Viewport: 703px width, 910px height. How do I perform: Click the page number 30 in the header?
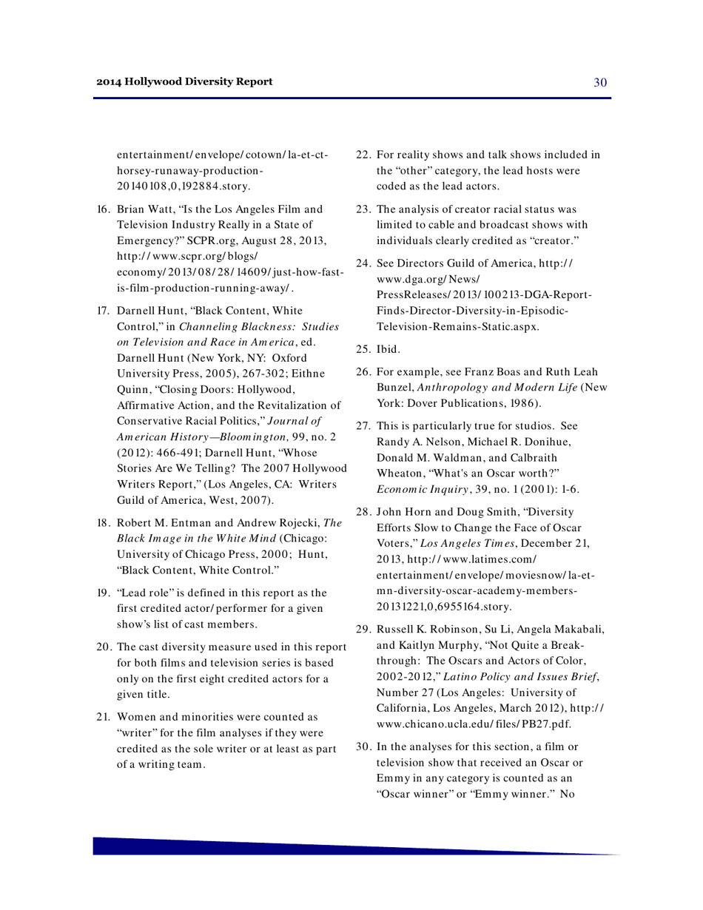click(600, 82)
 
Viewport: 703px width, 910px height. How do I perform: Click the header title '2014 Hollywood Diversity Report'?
click(184, 81)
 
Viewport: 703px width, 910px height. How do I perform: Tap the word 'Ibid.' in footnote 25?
click(388, 348)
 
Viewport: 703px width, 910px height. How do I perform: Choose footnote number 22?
click(363, 155)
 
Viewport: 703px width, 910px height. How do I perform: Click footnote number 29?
click(363, 629)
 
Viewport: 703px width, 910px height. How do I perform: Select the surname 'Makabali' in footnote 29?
click(576, 629)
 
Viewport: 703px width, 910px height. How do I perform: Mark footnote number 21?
click(104, 717)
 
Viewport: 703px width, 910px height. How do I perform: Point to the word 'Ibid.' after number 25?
click(388, 348)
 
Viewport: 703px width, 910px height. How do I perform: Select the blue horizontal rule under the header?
click(352, 98)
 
